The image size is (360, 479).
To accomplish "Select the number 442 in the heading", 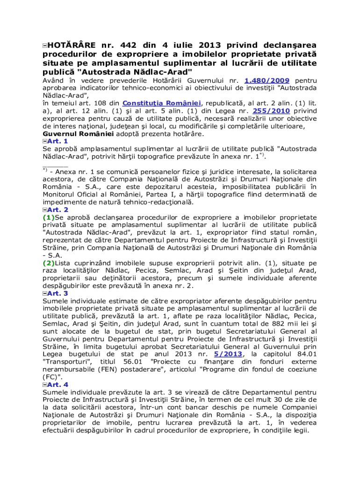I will pos(129,45).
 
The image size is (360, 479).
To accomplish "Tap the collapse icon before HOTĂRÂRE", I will pos(44,45).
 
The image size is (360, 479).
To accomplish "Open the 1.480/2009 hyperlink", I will pos(266,80).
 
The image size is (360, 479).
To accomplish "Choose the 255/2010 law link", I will pos(271,111).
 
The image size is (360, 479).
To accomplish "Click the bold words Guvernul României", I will pos(78,133).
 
